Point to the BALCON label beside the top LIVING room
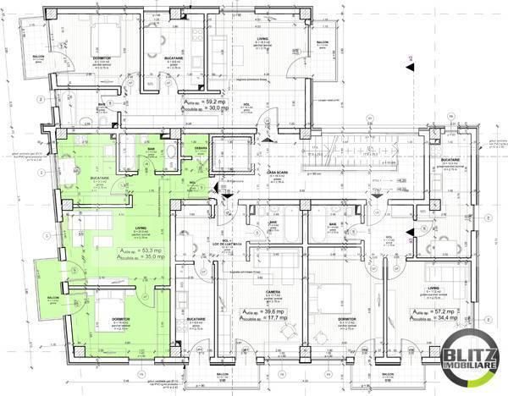(323, 41)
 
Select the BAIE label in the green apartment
(152, 147)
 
